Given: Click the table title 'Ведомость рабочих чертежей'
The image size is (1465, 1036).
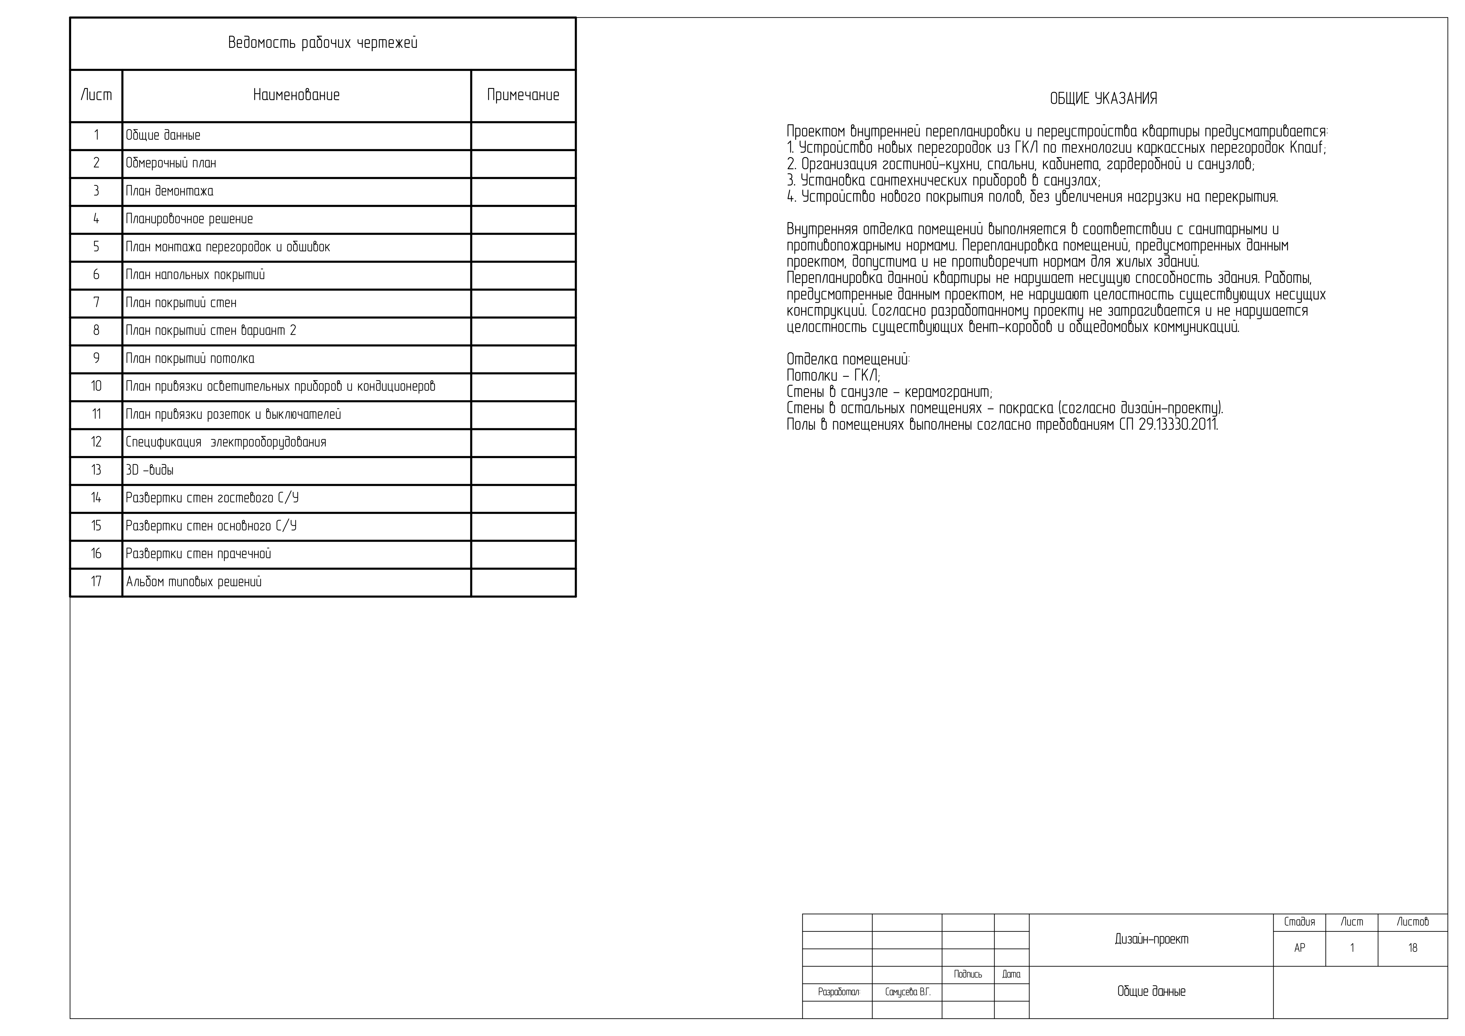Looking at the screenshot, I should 323,43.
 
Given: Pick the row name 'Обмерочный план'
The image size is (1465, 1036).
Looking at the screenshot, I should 171,163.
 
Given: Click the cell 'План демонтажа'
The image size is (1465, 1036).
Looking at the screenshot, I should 170,191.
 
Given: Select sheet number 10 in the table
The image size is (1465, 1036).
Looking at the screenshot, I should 96,387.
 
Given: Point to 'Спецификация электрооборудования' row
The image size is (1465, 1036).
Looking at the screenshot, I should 226,443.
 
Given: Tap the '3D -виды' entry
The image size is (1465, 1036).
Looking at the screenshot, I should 150,471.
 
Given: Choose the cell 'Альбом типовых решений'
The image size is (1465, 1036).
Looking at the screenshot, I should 194,582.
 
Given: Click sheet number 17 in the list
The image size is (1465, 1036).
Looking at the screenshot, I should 96,582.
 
